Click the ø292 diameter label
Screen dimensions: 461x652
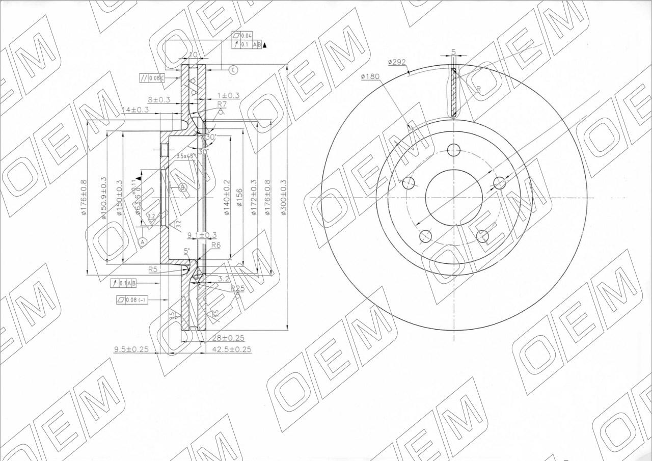pyautogui.click(x=396, y=62)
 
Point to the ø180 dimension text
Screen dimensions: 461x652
pyautogui.click(x=370, y=76)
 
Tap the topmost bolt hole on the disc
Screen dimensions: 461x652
pyautogui.click(x=453, y=150)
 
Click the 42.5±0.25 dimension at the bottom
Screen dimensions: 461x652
pyautogui.click(x=231, y=350)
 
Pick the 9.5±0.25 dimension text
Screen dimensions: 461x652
pyautogui.click(x=131, y=349)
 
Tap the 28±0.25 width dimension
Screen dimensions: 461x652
pyautogui.click(x=227, y=338)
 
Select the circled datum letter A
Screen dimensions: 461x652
pyautogui.click(x=143, y=241)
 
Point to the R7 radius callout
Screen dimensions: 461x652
pyautogui.click(x=222, y=104)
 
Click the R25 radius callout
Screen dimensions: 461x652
pyautogui.click(x=237, y=288)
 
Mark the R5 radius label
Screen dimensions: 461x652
pyautogui.click(x=153, y=269)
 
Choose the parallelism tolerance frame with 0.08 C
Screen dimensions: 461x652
pyautogui.click(x=152, y=78)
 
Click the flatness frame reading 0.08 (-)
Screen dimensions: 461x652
pyautogui.click(x=131, y=300)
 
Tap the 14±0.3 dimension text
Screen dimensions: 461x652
pyautogui.click(x=135, y=110)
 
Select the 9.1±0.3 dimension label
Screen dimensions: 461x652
pyautogui.click(x=202, y=235)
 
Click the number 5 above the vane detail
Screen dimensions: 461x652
pyautogui.click(x=453, y=52)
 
